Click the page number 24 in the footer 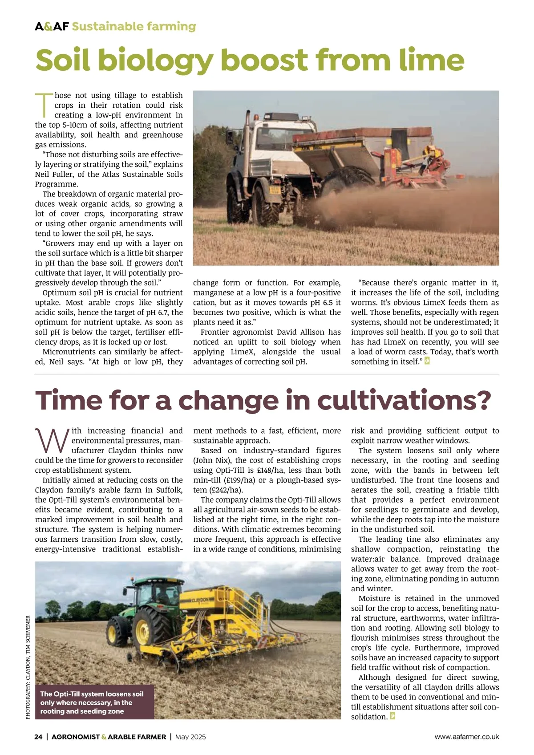click(x=39, y=737)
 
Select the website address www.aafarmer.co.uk click(x=467, y=737)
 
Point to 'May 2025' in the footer click(x=190, y=737)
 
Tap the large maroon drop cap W click(x=51, y=440)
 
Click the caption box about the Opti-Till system click(x=95, y=702)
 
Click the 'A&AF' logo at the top click(x=52, y=27)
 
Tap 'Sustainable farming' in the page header click(x=134, y=27)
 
